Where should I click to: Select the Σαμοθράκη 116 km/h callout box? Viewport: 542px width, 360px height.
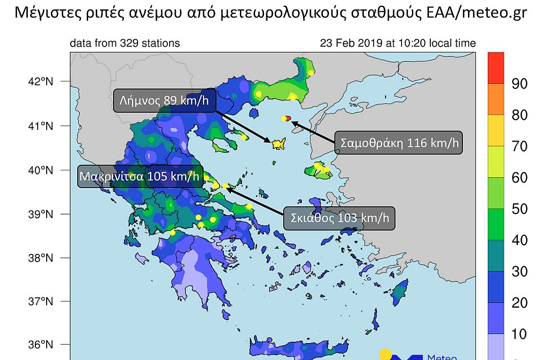click(399, 142)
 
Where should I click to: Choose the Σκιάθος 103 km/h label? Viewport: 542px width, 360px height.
click(339, 219)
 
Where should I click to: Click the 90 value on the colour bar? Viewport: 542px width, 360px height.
click(519, 84)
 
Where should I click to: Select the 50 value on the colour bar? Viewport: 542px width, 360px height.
click(519, 209)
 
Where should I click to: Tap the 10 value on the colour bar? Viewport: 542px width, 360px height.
click(519, 335)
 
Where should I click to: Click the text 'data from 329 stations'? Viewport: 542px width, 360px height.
click(124, 43)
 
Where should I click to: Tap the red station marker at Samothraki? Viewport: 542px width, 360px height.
click(288, 119)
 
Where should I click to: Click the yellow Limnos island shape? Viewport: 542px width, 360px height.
click(279, 144)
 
